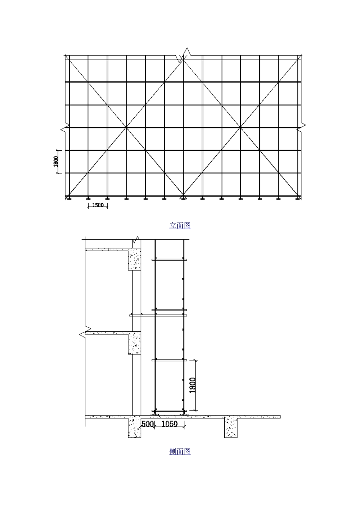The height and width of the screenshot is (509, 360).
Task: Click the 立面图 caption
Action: [x=180, y=226]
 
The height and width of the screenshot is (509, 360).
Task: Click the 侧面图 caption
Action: [x=180, y=451]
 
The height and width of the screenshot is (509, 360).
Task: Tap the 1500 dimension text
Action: [x=98, y=205]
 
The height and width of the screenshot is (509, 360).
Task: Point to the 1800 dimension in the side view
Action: [x=193, y=385]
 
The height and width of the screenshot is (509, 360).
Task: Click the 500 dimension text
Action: [x=147, y=424]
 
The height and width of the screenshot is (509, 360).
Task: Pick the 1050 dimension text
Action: [x=169, y=424]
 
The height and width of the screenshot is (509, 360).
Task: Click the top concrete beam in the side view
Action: [x=135, y=259]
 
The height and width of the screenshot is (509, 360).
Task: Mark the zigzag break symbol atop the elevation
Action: [x=183, y=55]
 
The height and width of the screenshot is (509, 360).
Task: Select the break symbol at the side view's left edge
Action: [x=85, y=332]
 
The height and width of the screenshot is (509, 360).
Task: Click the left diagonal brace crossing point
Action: [x=126, y=128]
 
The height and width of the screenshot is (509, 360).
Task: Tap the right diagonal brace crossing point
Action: [x=240, y=128]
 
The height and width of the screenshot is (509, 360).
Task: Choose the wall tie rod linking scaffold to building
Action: [x=158, y=315]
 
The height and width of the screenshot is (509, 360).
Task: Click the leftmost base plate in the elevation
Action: [x=69, y=199]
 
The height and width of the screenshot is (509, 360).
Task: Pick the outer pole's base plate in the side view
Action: [x=184, y=415]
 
